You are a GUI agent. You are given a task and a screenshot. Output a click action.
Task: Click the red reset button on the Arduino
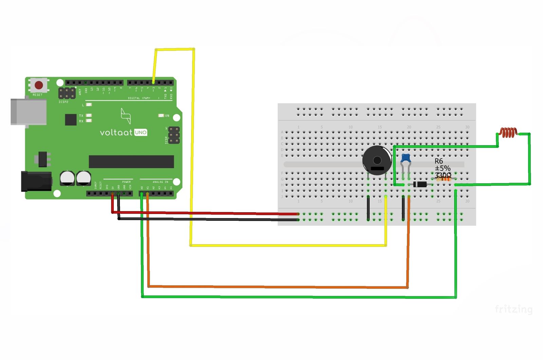(x=39, y=85)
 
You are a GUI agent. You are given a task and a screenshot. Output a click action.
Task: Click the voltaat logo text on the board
(x=116, y=132)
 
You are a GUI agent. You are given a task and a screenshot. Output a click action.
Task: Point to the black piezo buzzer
(x=377, y=160)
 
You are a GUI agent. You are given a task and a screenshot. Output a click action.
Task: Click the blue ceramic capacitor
(x=406, y=158)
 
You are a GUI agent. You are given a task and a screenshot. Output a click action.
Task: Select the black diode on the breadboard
(x=420, y=184)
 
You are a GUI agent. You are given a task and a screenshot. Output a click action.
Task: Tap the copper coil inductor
(x=508, y=132)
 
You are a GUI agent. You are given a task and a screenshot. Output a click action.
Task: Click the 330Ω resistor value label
(x=443, y=175)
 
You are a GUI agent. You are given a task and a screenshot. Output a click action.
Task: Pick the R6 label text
(x=439, y=161)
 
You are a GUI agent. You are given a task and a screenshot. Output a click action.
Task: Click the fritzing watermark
(x=513, y=309)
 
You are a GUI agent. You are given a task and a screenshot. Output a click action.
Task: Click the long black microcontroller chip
(x=131, y=162)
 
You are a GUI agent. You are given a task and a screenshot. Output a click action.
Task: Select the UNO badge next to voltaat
(x=141, y=132)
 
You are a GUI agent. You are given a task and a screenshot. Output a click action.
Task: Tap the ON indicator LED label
(x=167, y=116)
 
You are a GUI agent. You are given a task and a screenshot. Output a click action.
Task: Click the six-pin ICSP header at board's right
(x=174, y=135)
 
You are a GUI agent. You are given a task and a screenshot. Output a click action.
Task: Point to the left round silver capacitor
(x=67, y=178)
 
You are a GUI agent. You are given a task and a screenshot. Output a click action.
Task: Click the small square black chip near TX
(x=71, y=120)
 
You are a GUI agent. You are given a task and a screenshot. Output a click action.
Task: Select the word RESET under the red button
(x=38, y=95)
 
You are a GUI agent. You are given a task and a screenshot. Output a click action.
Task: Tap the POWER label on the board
(x=126, y=182)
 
